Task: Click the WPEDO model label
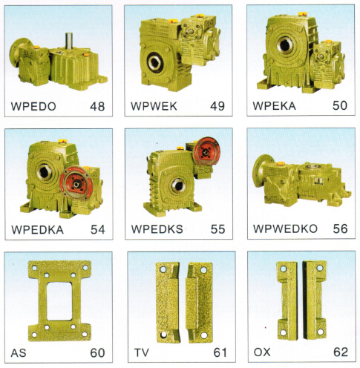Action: (33, 106)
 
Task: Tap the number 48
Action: (97, 106)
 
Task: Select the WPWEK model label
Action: (154, 106)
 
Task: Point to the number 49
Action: (217, 106)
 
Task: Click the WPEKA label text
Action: (274, 105)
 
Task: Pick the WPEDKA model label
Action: (38, 230)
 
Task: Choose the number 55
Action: (217, 229)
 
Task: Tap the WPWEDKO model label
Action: (285, 229)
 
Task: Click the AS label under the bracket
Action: (19, 353)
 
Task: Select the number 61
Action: (220, 352)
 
